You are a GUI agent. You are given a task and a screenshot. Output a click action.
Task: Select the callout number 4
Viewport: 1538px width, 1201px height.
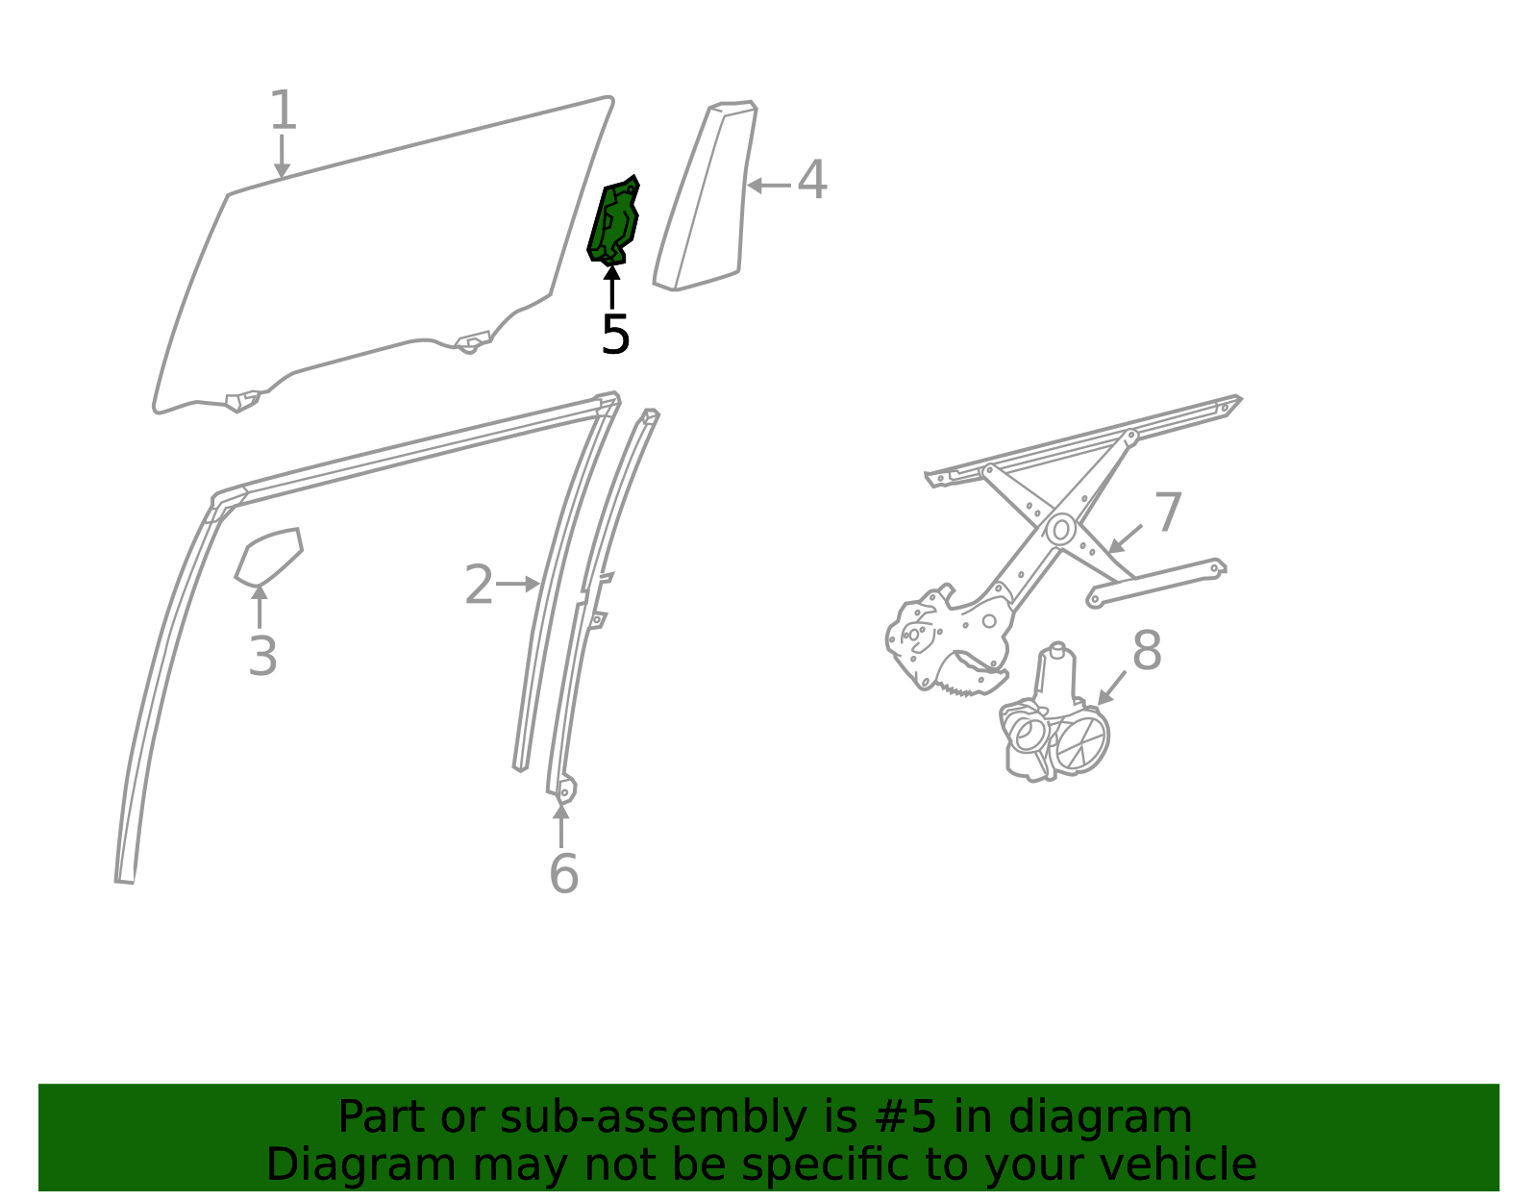812,180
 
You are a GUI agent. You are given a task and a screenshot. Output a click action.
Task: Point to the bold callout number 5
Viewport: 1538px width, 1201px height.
615,334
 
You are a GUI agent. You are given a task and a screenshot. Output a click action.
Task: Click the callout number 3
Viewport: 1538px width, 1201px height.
262,656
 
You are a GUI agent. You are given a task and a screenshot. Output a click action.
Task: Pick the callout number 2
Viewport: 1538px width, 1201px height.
479,585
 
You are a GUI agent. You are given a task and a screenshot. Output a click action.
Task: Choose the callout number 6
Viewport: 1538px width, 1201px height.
564,875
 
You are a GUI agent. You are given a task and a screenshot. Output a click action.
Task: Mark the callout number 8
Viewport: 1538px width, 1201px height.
1147,650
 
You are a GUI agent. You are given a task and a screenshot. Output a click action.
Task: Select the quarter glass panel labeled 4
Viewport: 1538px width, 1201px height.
706,195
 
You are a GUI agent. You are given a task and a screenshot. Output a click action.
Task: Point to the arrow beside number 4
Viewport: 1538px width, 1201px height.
769,186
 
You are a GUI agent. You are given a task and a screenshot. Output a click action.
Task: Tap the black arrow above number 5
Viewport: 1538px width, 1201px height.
612,287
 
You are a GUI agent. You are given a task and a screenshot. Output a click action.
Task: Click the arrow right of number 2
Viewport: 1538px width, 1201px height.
518,584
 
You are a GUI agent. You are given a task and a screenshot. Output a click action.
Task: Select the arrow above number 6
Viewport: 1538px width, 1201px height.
561,825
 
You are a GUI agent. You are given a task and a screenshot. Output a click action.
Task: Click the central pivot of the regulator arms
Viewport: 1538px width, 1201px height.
1061,530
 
